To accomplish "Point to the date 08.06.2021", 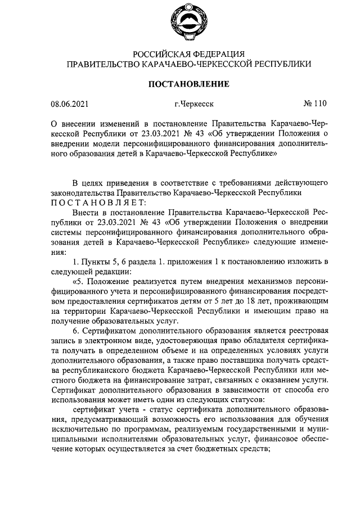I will (69, 103).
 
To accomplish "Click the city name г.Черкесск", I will (194, 103).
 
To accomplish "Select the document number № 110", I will (314, 103).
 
